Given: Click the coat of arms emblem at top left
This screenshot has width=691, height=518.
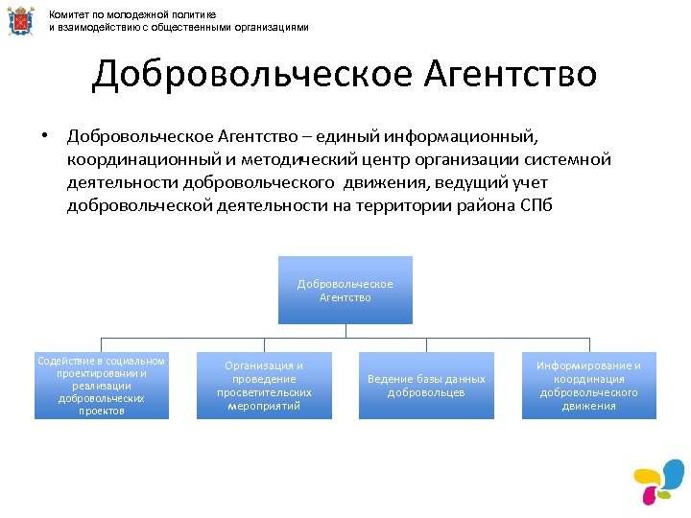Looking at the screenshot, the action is click(x=18, y=21).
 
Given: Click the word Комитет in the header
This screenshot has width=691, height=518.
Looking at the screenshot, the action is click(x=70, y=15).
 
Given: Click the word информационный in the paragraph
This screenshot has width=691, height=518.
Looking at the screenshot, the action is click(x=469, y=136).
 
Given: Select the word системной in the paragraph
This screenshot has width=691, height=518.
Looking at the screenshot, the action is click(x=565, y=159).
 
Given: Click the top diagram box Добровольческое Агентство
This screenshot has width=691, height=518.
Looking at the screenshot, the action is click(x=345, y=290).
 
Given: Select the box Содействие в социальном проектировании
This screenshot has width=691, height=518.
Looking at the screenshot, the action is click(x=102, y=386).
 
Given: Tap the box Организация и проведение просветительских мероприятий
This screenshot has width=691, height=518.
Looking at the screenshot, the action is click(x=264, y=386).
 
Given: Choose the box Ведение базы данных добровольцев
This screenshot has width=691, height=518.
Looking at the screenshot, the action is click(x=426, y=386).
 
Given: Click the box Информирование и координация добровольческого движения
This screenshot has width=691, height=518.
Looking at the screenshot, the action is click(x=589, y=386).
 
